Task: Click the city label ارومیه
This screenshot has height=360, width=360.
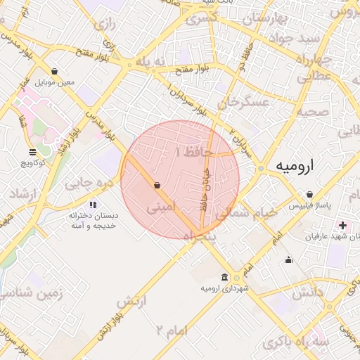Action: [295, 167]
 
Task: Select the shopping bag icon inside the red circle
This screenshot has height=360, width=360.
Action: [156, 186]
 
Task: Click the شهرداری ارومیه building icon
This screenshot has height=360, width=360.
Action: [224, 276]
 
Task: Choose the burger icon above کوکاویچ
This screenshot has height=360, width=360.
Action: [33, 152]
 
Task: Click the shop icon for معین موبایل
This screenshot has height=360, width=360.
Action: [55, 71]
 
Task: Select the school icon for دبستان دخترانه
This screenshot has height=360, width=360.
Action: [94, 205]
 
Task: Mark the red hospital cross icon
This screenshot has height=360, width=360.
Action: [342, 226]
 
